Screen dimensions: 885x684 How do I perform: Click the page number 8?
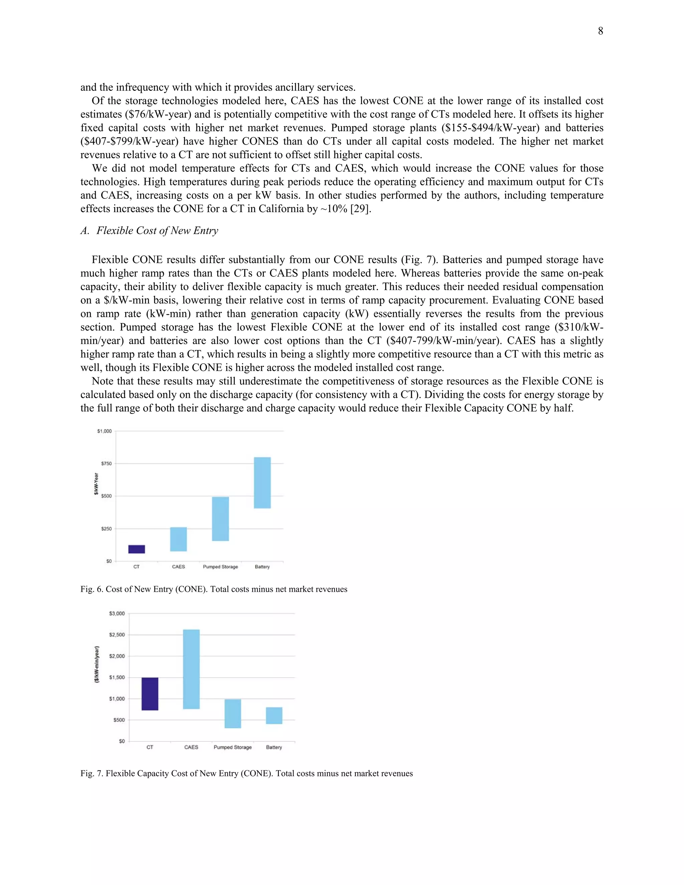click(x=600, y=31)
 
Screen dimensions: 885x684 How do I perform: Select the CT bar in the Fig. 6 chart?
click(x=137, y=549)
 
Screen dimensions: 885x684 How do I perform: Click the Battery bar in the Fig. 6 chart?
click(x=262, y=483)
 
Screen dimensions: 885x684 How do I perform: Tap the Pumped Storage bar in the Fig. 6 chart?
click(x=220, y=519)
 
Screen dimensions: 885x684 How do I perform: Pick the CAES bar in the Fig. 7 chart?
click(x=191, y=669)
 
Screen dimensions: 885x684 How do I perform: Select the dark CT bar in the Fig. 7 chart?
click(x=150, y=694)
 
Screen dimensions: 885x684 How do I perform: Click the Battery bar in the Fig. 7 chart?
click(x=274, y=715)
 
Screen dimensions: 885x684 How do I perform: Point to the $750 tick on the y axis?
click(x=106, y=464)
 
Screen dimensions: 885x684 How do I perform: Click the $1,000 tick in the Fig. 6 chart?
click(x=104, y=431)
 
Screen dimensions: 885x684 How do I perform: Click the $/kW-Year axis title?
click(x=96, y=484)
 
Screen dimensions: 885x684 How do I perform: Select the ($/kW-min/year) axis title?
click(x=97, y=665)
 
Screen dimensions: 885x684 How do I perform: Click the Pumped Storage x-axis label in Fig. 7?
click(x=232, y=747)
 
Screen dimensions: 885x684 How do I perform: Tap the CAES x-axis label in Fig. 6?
click(x=178, y=566)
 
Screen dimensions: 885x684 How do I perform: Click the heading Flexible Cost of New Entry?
click(x=157, y=230)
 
